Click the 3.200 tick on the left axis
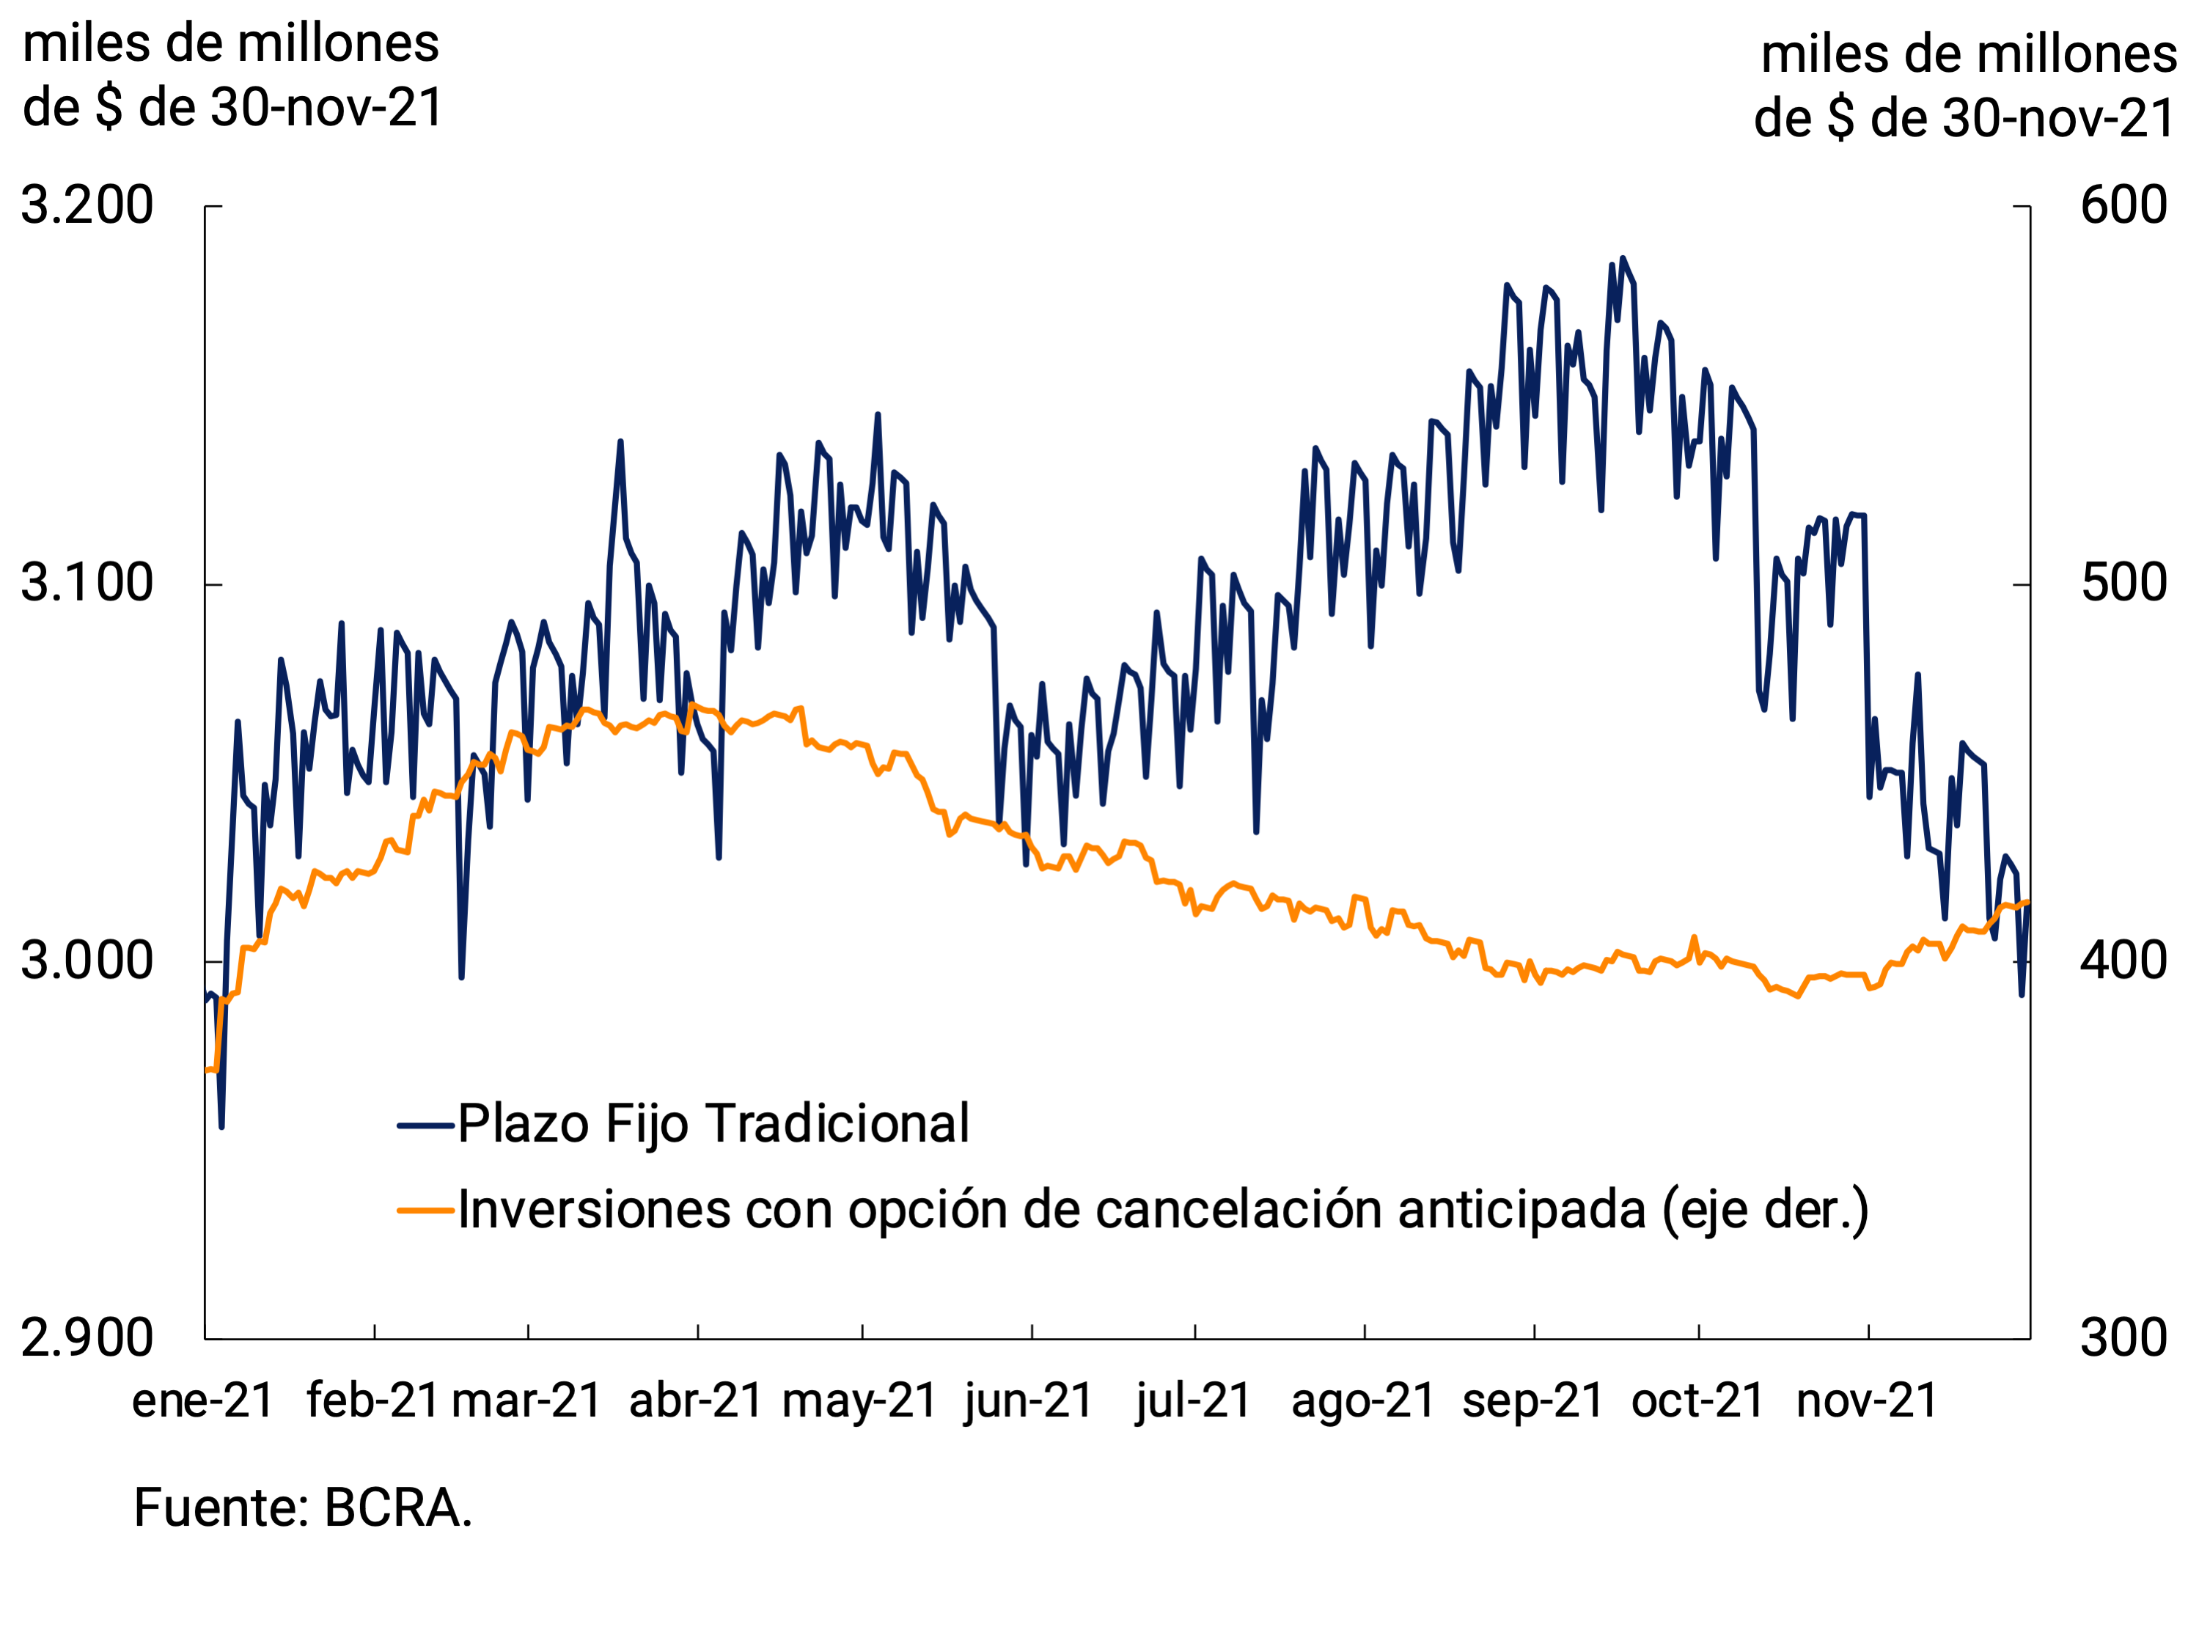pyautogui.click(x=87, y=206)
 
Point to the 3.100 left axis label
pyautogui.click(x=87, y=584)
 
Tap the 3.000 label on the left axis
pyautogui.click(x=87, y=961)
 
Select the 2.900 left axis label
pyautogui.click(x=87, y=1338)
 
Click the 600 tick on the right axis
pyautogui.click(x=2123, y=206)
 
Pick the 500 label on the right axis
pyautogui.click(x=2123, y=584)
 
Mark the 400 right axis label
pyautogui.click(x=2123, y=961)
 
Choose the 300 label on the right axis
pyautogui.click(x=2123, y=1338)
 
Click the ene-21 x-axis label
pyautogui.click(x=203, y=1401)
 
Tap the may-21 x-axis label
pyautogui.click(x=860, y=1401)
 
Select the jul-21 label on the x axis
pyautogui.click(x=1193, y=1401)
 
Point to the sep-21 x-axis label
pyautogui.click(x=1533, y=1401)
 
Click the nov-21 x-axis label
pyautogui.click(x=1867, y=1401)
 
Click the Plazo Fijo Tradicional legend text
pyautogui.click(x=713, y=1124)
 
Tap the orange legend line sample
pyautogui.click(x=425, y=1210)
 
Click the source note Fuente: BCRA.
pyautogui.click(x=302, y=1507)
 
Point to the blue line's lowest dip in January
pyautogui.click(x=221, y=1125)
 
